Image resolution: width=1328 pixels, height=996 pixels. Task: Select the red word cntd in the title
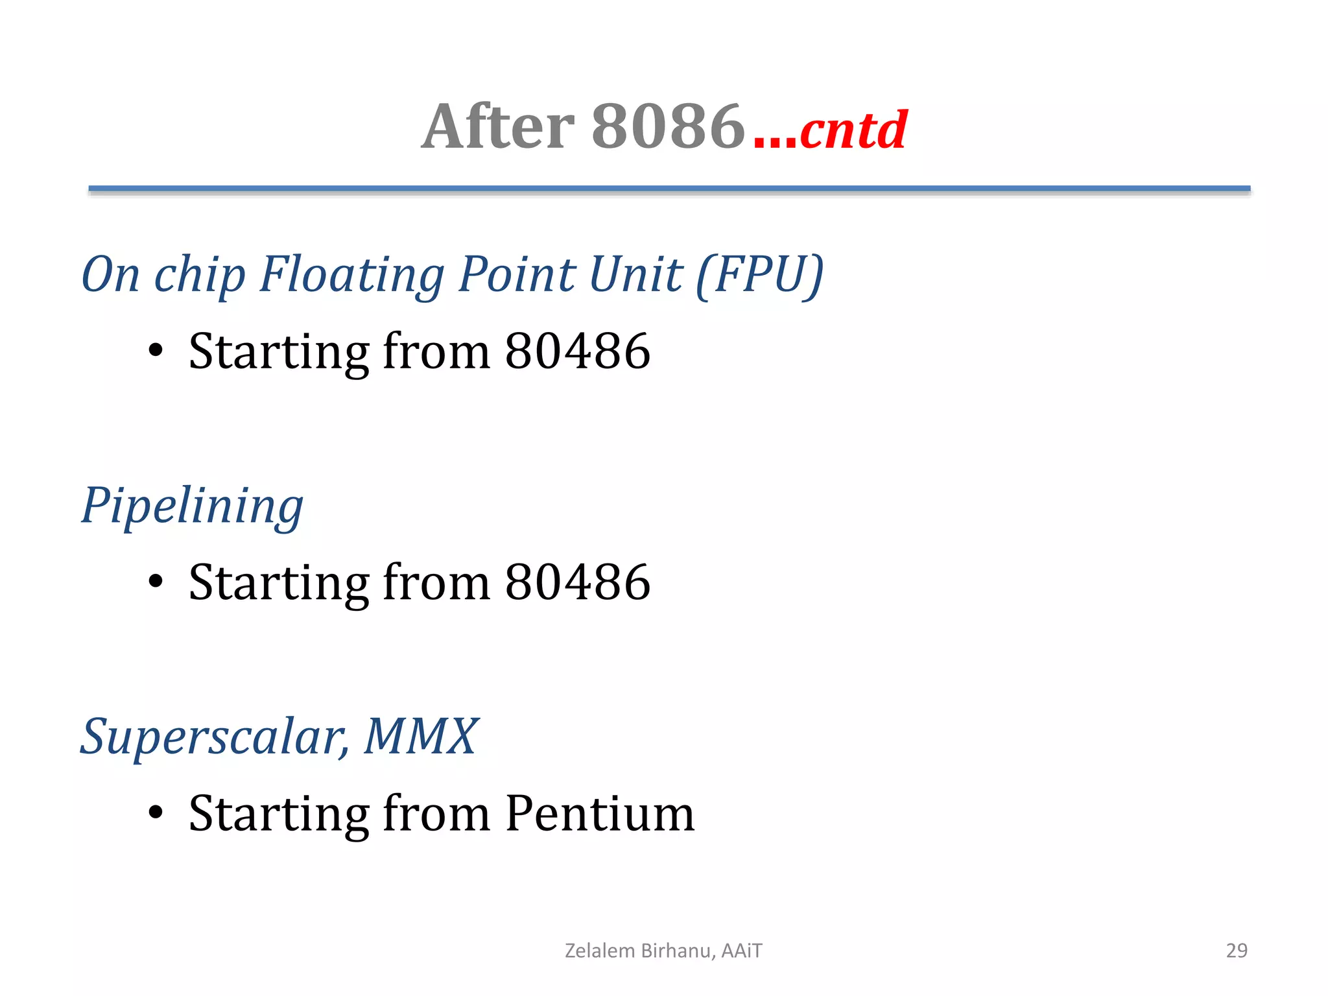coord(853,130)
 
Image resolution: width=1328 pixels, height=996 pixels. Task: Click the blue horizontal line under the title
coord(669,189)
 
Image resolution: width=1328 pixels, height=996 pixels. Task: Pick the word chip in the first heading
coord(200,275)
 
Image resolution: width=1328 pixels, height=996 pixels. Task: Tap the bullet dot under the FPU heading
coord(156,351)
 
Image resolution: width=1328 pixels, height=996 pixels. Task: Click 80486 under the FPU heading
coord(577,351)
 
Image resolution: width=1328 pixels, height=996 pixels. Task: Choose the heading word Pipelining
coord(192,506)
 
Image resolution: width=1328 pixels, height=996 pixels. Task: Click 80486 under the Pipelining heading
coord(577,582)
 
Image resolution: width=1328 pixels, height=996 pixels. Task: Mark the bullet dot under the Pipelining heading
coord(156,582)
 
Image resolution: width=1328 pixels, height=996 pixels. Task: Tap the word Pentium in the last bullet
coord(600,813)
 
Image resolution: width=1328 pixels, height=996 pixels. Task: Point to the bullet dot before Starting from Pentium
coord(156,812)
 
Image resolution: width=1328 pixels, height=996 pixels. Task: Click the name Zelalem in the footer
coord(600,951)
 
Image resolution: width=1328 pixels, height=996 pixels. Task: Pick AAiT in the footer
coord(742,951)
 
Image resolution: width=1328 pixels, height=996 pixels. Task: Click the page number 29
coord(1237,951)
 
